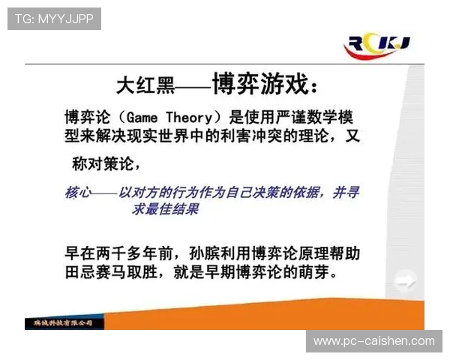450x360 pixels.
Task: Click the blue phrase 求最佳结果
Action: [166, 210]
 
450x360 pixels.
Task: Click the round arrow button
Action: [406, 283]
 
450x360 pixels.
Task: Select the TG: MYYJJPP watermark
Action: [53, 19]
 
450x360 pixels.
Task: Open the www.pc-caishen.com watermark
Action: [374, 341]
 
